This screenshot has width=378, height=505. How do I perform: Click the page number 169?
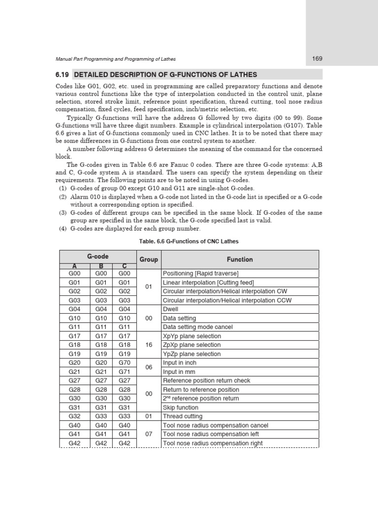[317, 59]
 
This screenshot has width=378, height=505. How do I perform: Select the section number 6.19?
[63, 75]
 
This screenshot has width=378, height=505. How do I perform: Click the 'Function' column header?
[240, 259]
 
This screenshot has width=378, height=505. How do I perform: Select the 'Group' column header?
[149, 259]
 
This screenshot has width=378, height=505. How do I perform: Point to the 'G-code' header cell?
[98, 256]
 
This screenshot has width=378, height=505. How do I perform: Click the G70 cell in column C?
[125, 363]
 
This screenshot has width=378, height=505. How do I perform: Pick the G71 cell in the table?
[125, 372]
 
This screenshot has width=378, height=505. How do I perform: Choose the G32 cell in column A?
[71, 416]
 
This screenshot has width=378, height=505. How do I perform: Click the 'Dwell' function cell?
[171, 309]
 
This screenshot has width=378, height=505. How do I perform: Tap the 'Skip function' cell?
[181, 407]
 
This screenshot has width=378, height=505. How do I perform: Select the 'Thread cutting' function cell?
[183, 416]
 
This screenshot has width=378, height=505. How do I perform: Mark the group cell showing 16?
[149, 345]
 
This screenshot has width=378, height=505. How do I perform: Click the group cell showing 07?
[149, 434]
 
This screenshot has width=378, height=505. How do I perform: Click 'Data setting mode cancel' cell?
[198, 327]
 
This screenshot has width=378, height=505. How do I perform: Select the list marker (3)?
[63, 213]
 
